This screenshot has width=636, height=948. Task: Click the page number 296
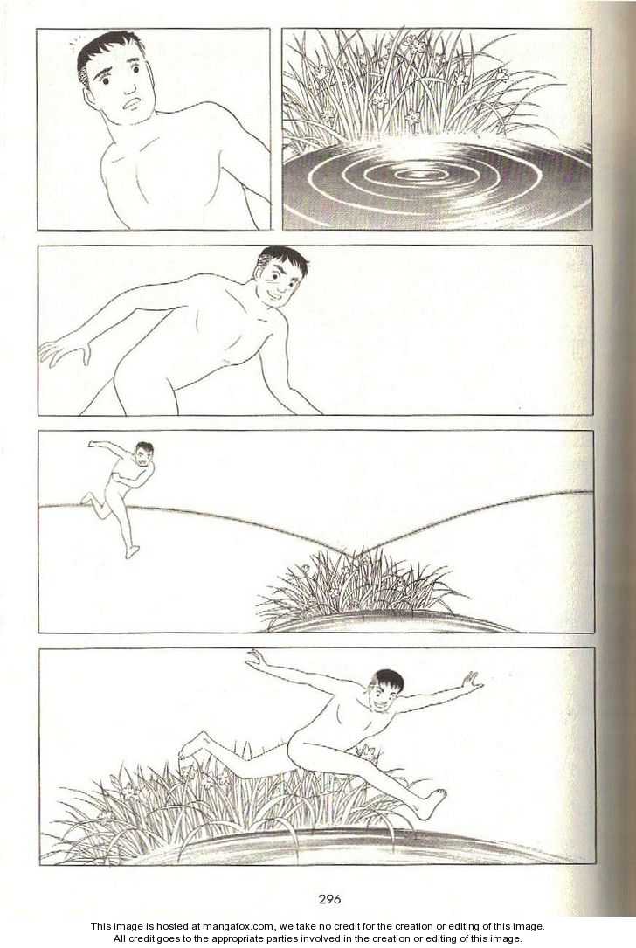pyautogui.click(x=329, y=899)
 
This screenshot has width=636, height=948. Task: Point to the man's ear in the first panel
pyautogui.click(x=89, y=98)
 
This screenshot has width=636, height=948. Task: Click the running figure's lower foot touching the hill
pyautogui.click(x=133, y=552)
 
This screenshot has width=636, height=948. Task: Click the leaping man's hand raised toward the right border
pyautogui.click(x=471, y=682)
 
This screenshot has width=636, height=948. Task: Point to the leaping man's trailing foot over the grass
pyautogui.click(x=190, y=749)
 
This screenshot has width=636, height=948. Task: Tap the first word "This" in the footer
pyautogui.click(x=100, y=925)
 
